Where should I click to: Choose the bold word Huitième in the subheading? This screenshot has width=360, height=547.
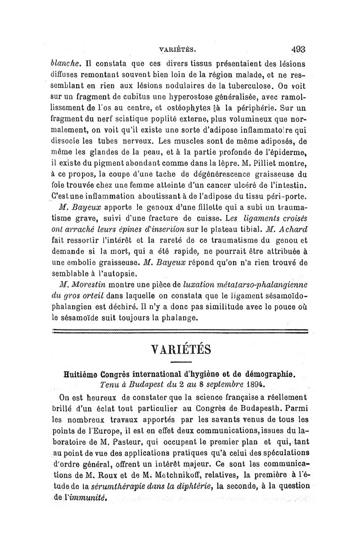coord(84,375)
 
